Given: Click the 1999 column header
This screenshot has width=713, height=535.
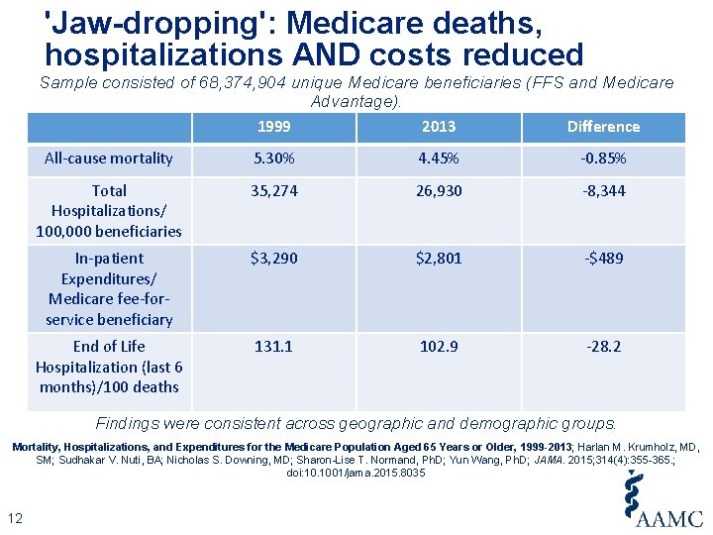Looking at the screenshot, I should tap(273, 127).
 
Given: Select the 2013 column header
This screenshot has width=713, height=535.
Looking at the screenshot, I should tap(439, 127).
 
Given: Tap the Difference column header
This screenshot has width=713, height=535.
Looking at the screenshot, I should tap(603, 127).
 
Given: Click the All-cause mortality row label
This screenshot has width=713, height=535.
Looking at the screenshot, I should tap(109, 159).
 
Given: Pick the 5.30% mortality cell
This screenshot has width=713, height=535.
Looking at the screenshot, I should tap(273, 159).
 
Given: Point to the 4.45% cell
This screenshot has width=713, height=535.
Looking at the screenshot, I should tap(439, 159).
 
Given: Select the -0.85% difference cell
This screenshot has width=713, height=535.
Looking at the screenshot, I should tap(603, 159).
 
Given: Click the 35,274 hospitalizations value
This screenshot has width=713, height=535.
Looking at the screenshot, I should tap(273, 191).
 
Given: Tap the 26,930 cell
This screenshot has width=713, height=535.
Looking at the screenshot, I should tap(439, 191).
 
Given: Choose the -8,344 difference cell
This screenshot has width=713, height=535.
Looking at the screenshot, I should tap(603, 191).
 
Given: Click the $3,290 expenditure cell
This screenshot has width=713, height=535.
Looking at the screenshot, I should tap(273, 259).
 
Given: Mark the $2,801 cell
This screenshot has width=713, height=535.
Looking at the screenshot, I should tap(439, 259).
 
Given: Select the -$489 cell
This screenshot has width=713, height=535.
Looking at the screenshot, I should tap(603, 259).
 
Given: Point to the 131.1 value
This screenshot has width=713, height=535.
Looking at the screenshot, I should tap(273, 347).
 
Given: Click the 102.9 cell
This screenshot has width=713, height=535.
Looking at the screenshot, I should tap(439, 347).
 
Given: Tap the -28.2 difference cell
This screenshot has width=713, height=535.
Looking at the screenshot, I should tap(603, 347).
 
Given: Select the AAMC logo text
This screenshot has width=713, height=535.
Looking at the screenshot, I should tap(670, 518).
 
